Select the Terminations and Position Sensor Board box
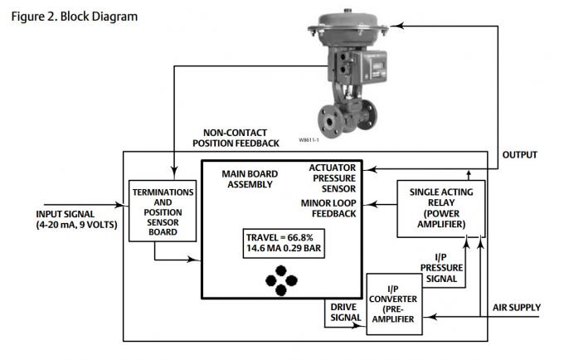click(x=163, y=212)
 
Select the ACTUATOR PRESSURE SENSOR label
click(x=333, y=178)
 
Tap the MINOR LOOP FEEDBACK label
click(x=328, y=208)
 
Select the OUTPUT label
click(x=520, y=155)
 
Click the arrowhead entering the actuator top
click(x=395, y=27)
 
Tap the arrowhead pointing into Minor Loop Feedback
click(x=370, y=203)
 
